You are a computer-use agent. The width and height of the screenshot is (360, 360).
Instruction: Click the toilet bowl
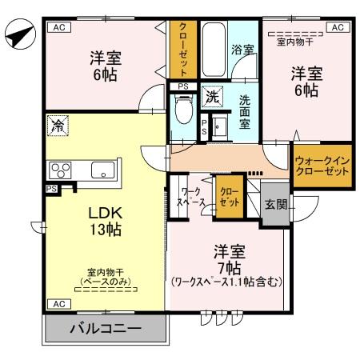click(x=182, y=108)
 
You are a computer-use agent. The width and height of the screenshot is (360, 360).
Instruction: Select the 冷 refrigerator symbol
click(x=57, y=125)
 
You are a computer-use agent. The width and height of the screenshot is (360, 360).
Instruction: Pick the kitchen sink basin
click(x=102, y=170)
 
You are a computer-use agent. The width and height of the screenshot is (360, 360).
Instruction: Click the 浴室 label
click(x=242, y=50)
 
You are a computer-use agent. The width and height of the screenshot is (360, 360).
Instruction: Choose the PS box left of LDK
click(x=50, y=189)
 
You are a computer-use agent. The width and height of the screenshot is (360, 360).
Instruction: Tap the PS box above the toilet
click(x=183, y=86)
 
